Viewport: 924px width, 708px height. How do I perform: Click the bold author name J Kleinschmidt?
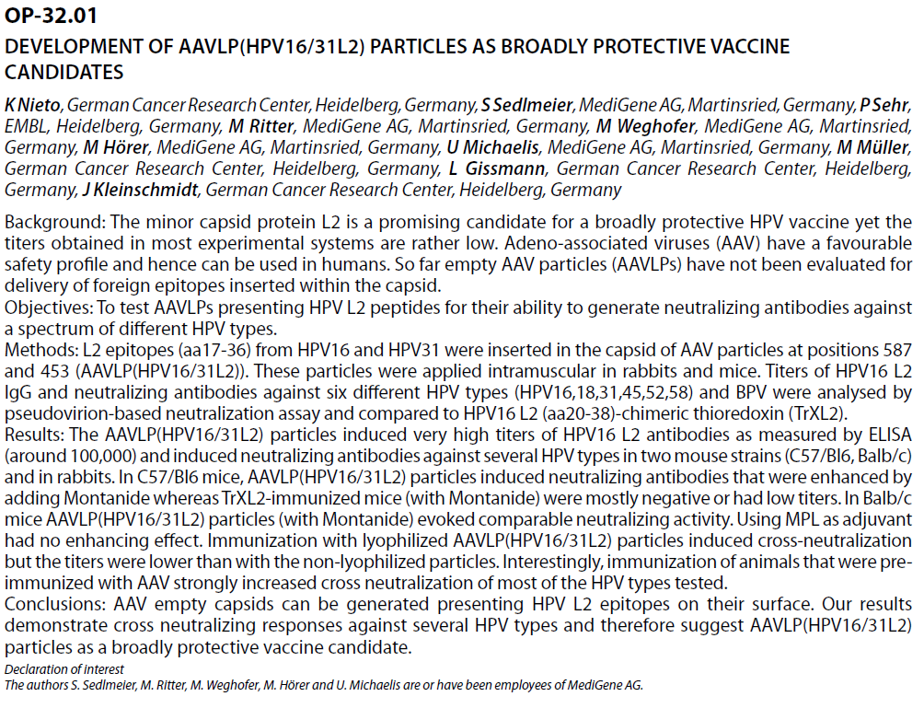click(140, 190)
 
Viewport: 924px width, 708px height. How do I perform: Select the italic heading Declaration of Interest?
click(64, 669)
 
